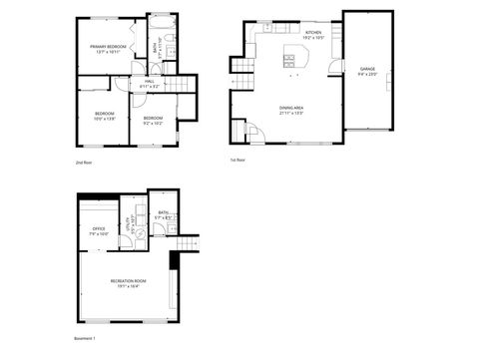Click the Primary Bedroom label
[x=108, y=48]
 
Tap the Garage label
[x=367, y=71]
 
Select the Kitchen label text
[x=313, y=35]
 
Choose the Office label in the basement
[x=99, y=230]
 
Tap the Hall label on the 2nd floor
[x=149, y=84]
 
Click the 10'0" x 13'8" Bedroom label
[x=105, y=116]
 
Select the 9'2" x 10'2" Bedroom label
[x=154, y=123]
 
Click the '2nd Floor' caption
[x=83, y=162]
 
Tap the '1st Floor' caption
[x=239, y=160]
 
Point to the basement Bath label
[x=163, y=214]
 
